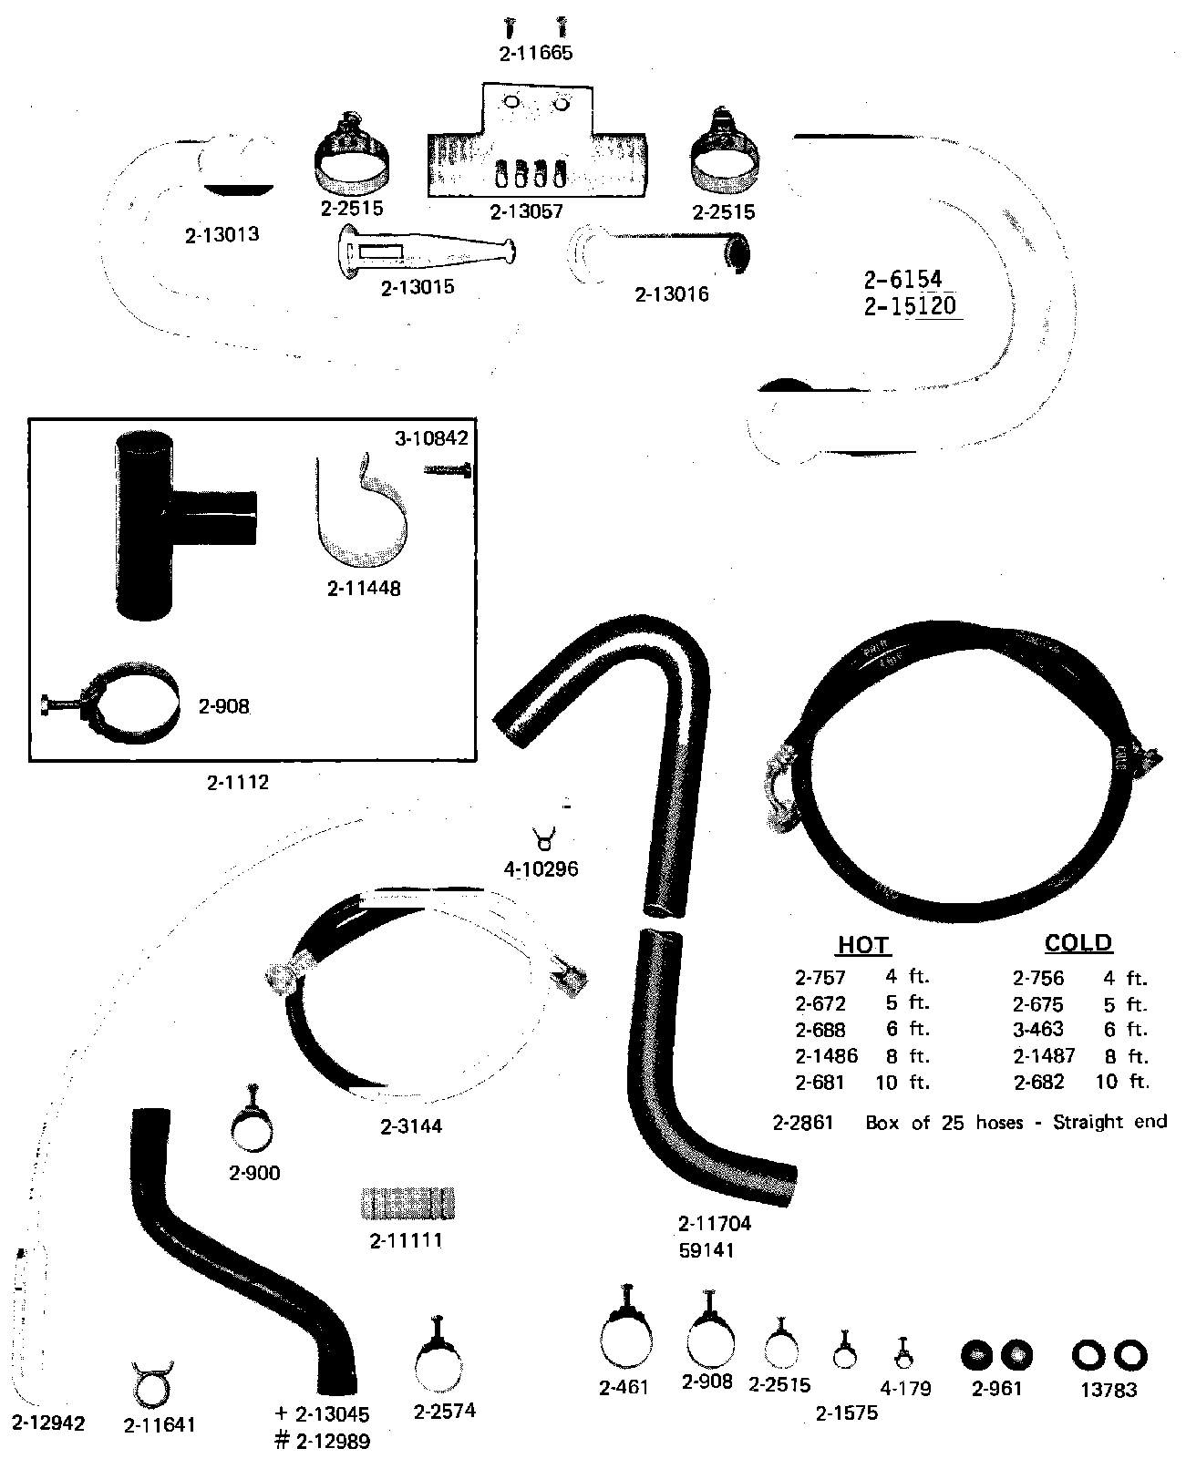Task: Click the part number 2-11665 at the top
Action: [536, 54]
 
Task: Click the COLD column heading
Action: [1078, 943]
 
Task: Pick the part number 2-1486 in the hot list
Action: [826, 1057]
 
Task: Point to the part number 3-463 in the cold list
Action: [1037, 1031]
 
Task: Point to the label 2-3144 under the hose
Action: [410, 1127]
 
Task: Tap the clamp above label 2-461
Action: [626, 1339]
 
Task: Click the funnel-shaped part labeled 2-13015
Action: [424, 252]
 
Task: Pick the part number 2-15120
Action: [910, 306]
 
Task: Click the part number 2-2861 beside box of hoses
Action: [802, 1123]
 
